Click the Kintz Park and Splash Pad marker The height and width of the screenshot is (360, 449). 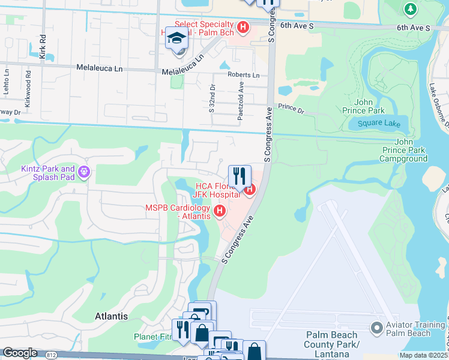[84, 173]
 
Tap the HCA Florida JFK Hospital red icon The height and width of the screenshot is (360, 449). [249, 191]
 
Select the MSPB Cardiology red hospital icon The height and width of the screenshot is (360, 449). [220, 211]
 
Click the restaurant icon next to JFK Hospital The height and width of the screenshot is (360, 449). [240, 176]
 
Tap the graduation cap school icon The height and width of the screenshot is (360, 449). [176, 38]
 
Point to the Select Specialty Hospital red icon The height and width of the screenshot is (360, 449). [243, 27]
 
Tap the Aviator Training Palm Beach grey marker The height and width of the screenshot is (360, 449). [377, 328]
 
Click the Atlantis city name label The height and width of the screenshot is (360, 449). [112, 316]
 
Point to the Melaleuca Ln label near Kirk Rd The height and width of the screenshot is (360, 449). [99, 69]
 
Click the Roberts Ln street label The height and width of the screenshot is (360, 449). [244, 75]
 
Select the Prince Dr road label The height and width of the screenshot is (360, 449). [291, 110]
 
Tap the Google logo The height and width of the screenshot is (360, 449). [20, 352]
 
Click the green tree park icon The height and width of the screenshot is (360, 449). [410, 9]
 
